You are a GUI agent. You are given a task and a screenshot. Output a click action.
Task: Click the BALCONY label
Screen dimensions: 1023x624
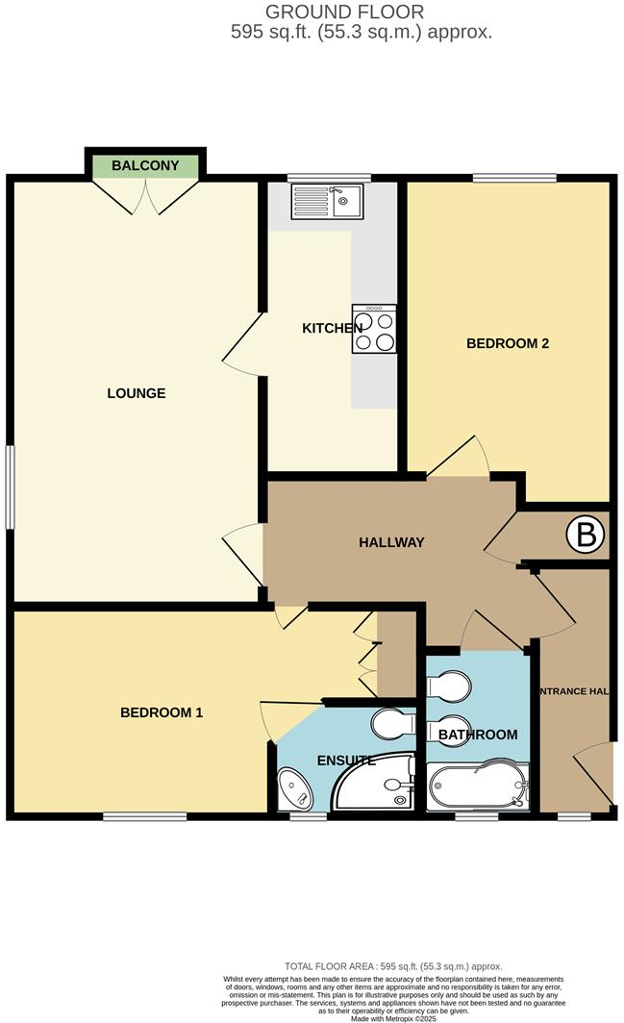click(x=145, y=165)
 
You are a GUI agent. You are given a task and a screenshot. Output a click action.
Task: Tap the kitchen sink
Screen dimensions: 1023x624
click(x=326, y=201)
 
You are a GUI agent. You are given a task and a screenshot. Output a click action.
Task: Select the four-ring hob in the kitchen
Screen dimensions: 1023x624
click(x=374, y=330)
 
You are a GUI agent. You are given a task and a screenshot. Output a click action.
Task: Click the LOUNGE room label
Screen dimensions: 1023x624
click(x=136, y=393)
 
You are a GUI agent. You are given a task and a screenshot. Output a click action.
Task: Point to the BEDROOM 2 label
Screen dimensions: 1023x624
click(x=507, y=343)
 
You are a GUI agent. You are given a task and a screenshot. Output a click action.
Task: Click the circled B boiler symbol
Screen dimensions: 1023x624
click(x=585, y=535)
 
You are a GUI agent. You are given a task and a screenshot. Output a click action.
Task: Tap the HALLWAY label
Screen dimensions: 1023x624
click(x=391, y=542)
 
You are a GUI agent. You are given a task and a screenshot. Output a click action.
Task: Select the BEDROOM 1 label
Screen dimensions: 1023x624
click(x=162, y=712)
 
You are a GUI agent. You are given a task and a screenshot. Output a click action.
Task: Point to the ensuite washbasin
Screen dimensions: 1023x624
click(x=294, y=789)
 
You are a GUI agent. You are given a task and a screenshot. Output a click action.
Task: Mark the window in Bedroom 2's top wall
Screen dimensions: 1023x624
click(x=514, y=178)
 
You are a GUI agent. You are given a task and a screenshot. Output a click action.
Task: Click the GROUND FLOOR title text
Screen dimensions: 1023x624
click(x=359, y=12)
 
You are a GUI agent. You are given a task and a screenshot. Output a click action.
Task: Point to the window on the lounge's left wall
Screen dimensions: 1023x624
click(x=11, y=487)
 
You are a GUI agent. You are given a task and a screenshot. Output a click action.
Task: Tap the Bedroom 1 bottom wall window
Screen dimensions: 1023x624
click(x=145, y=817)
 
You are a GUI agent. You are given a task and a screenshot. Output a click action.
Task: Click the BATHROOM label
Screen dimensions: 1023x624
click(x=478, y=735)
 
